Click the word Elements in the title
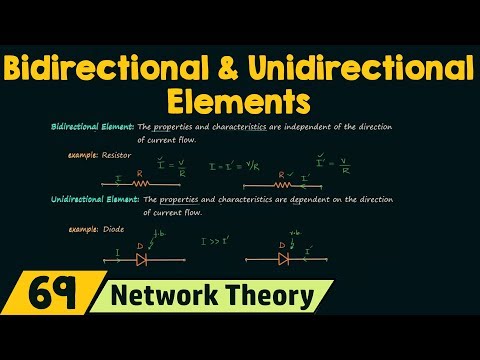239,103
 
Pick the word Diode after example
119,228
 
